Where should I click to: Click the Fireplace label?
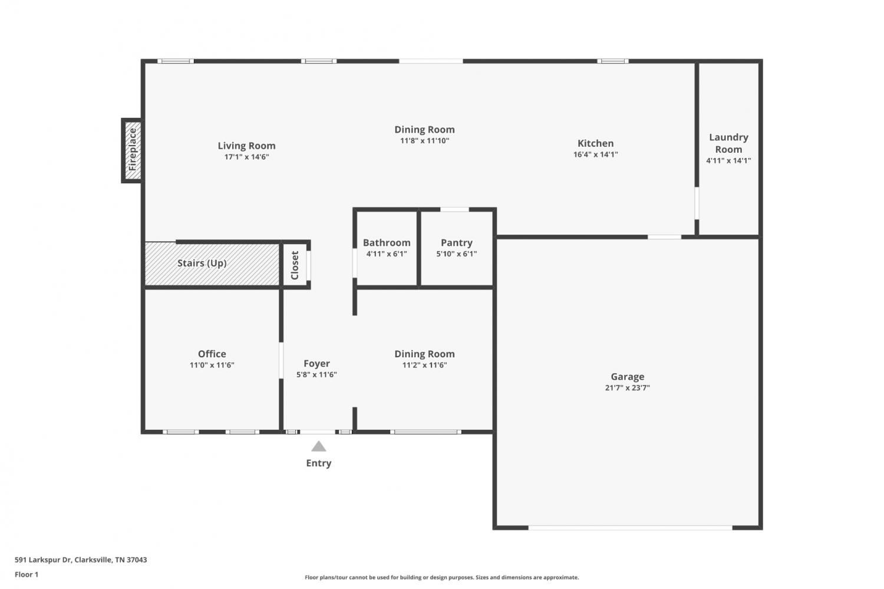[133, 150]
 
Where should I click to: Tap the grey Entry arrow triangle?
[318, 446]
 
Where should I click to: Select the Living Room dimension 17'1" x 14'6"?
[247, 157]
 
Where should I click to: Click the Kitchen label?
[595, 143]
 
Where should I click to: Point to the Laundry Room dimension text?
[728, 160]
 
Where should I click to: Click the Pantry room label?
[457, 242]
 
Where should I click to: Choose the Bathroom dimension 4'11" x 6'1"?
[387, 254]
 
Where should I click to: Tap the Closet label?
[295, 265]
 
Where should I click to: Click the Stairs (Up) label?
[202, 263]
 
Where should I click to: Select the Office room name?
[212, 354]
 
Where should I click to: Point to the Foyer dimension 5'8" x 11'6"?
[316, 374]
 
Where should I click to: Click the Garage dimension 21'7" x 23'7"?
[628, 388]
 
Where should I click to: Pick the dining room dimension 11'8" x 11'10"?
[425, 140]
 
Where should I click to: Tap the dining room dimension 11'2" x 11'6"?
[425, 365]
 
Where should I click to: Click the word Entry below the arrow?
[318, 463]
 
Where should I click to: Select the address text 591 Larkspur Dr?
[43, 560]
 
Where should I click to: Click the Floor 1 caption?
[27, 574]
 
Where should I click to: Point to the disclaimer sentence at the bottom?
[441, 577]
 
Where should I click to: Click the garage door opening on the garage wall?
[630, 528]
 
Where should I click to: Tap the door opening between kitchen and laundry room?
[697, 203]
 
